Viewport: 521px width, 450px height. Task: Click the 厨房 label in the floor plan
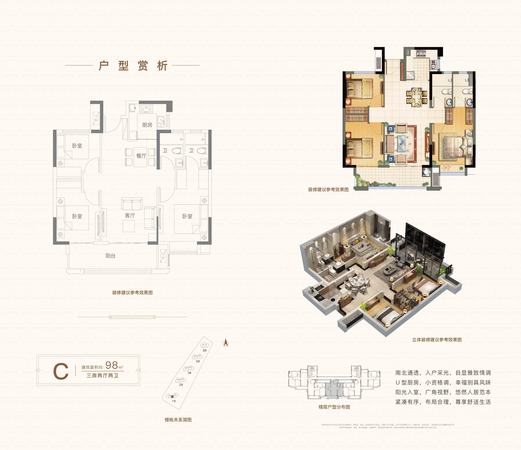point(147,125)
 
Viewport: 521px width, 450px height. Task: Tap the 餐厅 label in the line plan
point(141,156)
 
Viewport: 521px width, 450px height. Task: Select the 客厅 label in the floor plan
point(130,215)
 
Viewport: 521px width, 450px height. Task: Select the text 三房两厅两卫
point(102,376)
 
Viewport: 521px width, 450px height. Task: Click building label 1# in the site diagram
point(174,401)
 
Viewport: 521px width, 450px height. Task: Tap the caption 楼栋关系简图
point(178,420)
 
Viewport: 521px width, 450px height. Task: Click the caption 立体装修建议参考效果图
point(437,340)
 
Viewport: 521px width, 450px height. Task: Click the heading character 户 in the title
point(104,66)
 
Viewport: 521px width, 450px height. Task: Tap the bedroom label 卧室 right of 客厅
point(187,216)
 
